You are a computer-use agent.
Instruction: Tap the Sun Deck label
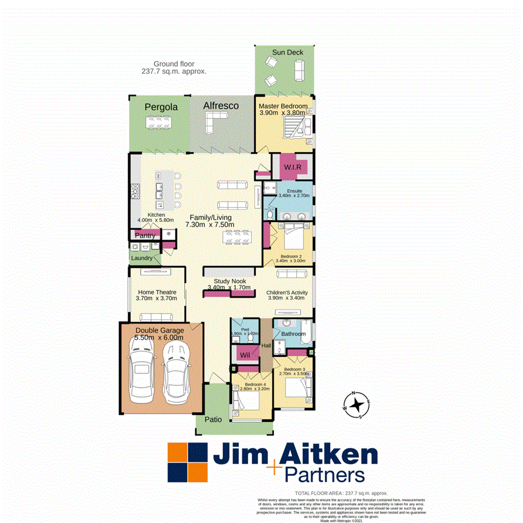click(288, 52)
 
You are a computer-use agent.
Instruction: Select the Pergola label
click(161, 108)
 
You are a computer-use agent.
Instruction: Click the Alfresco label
click(221, 106)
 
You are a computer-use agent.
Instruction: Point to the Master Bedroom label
click(283, 106)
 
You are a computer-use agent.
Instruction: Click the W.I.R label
click(292, 167)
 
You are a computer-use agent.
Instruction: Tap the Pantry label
click(145, 235)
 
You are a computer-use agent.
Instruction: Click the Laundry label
click(142, 257)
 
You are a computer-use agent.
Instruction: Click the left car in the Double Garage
click(141, 374)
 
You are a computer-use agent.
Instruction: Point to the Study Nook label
click(230, 281)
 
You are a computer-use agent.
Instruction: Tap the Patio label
click(214, 419)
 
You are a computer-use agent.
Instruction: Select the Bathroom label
click(293, 334)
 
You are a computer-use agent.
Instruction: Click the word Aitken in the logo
click(329, 454)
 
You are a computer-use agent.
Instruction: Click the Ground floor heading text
click(174, 64)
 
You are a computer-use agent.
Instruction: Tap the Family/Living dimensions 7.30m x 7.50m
click(209, 224)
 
